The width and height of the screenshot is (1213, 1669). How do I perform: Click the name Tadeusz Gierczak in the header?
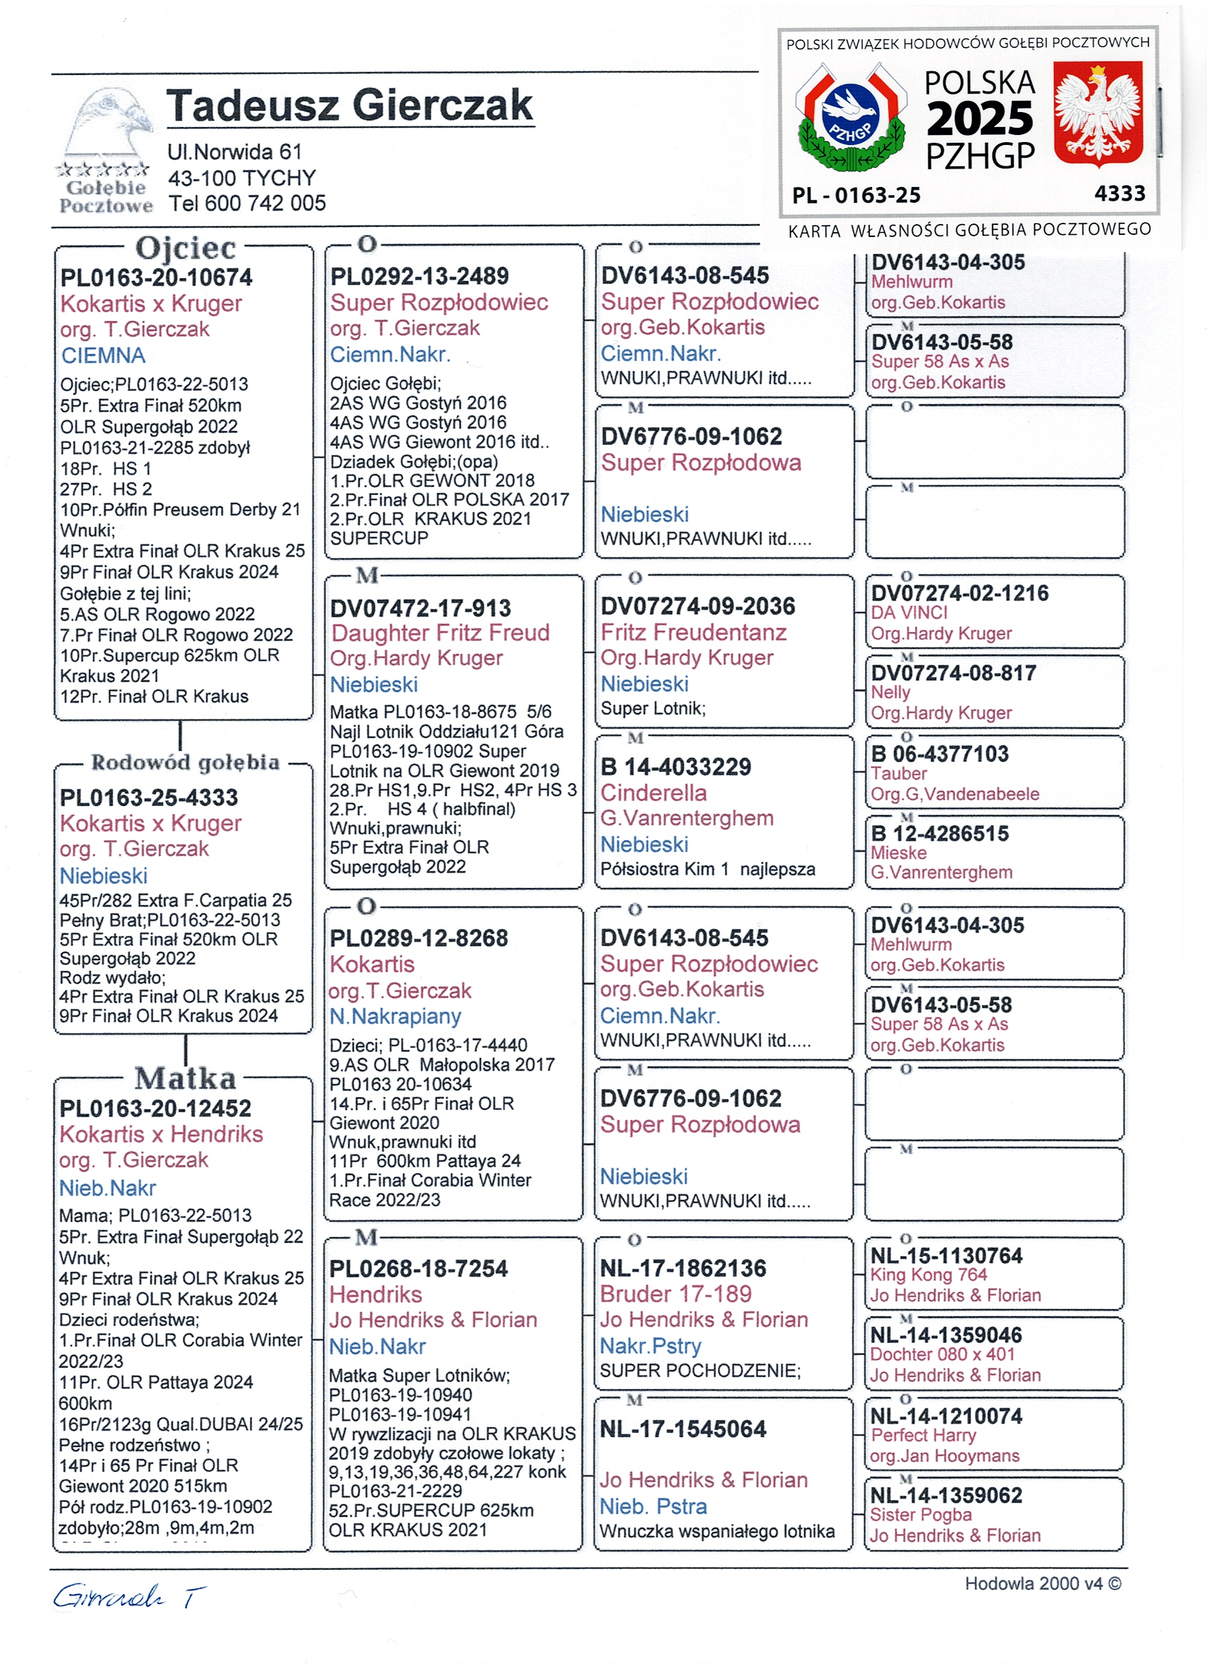click(350, 106)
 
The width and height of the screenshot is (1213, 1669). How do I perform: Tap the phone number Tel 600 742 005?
click(247, 203)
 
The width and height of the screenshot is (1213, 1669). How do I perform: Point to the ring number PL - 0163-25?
click(856, 195)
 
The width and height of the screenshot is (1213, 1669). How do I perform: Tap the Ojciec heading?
click(186, 248)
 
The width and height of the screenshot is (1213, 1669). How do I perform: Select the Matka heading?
click(186, 1079)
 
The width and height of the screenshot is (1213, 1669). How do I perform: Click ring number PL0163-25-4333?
click(149, 797)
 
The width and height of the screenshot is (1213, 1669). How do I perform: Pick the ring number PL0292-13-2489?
click(420, 277)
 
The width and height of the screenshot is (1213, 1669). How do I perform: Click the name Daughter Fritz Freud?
click(440, 633)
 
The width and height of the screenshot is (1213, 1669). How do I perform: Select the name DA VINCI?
click(909, 613)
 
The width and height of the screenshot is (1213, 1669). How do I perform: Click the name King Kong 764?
click(928, 1275)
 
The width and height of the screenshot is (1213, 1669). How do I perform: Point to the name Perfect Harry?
click(923, 1436)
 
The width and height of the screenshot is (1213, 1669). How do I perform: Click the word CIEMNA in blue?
click(103, 356)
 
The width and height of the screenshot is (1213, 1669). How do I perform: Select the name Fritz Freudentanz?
click(693, 633)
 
